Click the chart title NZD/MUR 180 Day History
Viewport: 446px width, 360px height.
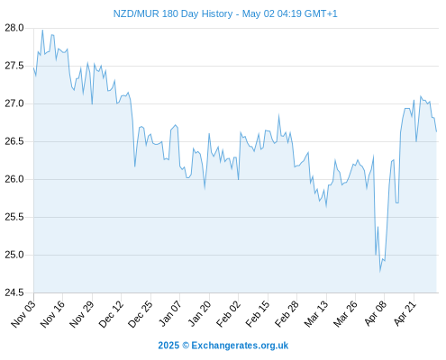pyautogui.click(x=173, y=13)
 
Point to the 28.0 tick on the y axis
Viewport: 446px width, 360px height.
pyautogui.click(x=14, y=28)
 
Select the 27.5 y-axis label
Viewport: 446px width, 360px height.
pyautogui.click(x=14, y=66)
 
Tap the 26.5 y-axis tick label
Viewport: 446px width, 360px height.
pyautogui.click(x=14, y=141)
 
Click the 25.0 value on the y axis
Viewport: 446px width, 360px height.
pyautogui.click(x=14, y=255)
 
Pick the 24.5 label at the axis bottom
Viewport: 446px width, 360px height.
pyautogui.click(x=14, y=292)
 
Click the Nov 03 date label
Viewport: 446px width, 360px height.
pyautogui.click(x=23, y=314)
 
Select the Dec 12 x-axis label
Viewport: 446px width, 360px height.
pyautogui.click(x=111, y=314)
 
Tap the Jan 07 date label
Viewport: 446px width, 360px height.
pyautogui.click(x=170, y=314)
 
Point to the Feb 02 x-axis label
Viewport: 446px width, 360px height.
pyautogui.click(x=229, y=314)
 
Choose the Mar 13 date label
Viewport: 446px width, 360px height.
pyautogui.click(x=316, y=314)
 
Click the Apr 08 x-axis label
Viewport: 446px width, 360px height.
pyautogui.click(x=376, y=314)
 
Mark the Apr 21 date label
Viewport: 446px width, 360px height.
pyautogui.click(x=405, y=314)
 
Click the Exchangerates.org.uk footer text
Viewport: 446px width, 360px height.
pyautogui.click(x=240, y=346)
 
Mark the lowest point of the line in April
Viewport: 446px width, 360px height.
pyautogui.click(x=380, y=272)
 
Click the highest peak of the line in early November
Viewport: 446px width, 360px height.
pyautogui.click(x=42, y=30)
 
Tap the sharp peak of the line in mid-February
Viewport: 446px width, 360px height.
pyautogui.click(x=278, y=115)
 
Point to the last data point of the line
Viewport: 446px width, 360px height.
pyautogui.click(x=436, y=131)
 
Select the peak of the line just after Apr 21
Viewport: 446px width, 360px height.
pyautogui.click(x=421, y=96)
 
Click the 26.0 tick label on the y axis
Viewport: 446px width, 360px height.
pyautogui.click(x=14, y=179)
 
